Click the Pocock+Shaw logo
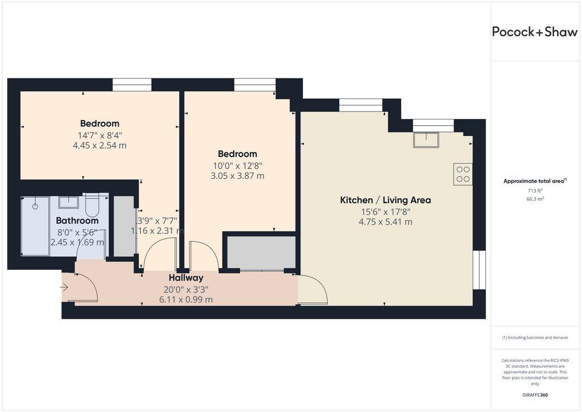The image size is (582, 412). coord(534,32)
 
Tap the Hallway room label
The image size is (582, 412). coord(186,278)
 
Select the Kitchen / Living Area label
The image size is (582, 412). coord(385,200)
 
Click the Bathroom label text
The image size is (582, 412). coord(77,221)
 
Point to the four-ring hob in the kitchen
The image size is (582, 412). coord(463,174)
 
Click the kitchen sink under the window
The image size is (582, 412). coord(426,139)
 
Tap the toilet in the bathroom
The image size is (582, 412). coord(92,205)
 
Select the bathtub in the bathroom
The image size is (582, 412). coord(35,226)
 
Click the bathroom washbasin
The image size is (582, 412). coord(68,203)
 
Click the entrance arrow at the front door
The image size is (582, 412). coord(64,287)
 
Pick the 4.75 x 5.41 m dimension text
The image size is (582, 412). coord(385,222)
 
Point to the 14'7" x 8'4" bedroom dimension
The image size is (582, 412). coord(99,135)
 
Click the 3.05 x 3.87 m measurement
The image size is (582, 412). coord(238,176)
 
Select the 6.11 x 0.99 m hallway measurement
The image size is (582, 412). coord(186,299)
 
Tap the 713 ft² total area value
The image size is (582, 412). coord(535,191)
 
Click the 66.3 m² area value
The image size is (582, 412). coord(535,199)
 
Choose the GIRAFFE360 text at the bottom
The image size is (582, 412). coord(535,395)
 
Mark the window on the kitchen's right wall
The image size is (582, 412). coord(479,270)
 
